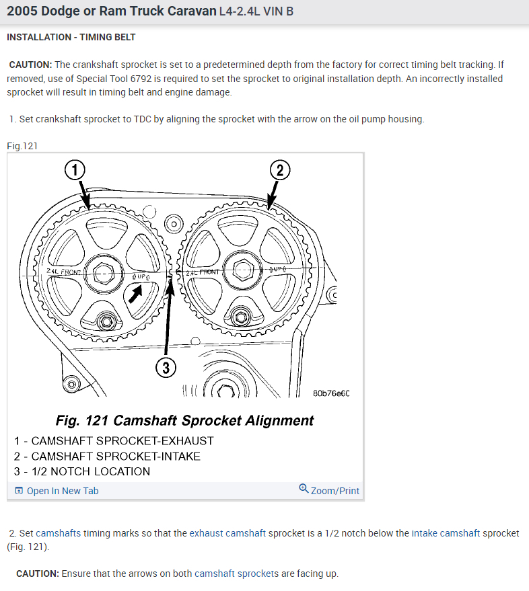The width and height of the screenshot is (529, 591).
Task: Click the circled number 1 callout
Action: click(x=74, y=171)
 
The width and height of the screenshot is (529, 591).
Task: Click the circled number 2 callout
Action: click(x=280, y=171)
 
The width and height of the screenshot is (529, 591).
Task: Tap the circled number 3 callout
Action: click(x=166, y=367)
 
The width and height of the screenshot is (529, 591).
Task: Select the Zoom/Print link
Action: click(x=329, y=490)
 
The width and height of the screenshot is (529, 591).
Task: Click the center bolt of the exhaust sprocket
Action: click(x=104, y=273)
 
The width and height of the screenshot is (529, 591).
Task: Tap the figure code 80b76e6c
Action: click(x=331, y=393)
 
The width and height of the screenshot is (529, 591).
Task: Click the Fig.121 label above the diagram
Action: click(x=22, y=146)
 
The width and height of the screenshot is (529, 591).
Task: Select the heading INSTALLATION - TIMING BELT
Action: click(x=71, y=37)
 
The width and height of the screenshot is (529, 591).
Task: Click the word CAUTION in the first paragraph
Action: click(x=30, y=65)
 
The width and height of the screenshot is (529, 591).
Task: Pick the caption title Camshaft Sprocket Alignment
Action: click(x=184, y=421)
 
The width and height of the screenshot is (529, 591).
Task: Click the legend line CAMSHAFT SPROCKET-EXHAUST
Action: click(x=114, y=441)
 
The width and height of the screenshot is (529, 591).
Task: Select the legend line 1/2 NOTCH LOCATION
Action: click(x=81, y=471)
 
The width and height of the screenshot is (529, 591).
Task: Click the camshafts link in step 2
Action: click(x=59, y=533)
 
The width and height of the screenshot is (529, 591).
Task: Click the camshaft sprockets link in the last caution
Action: click(x=236, y=574)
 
